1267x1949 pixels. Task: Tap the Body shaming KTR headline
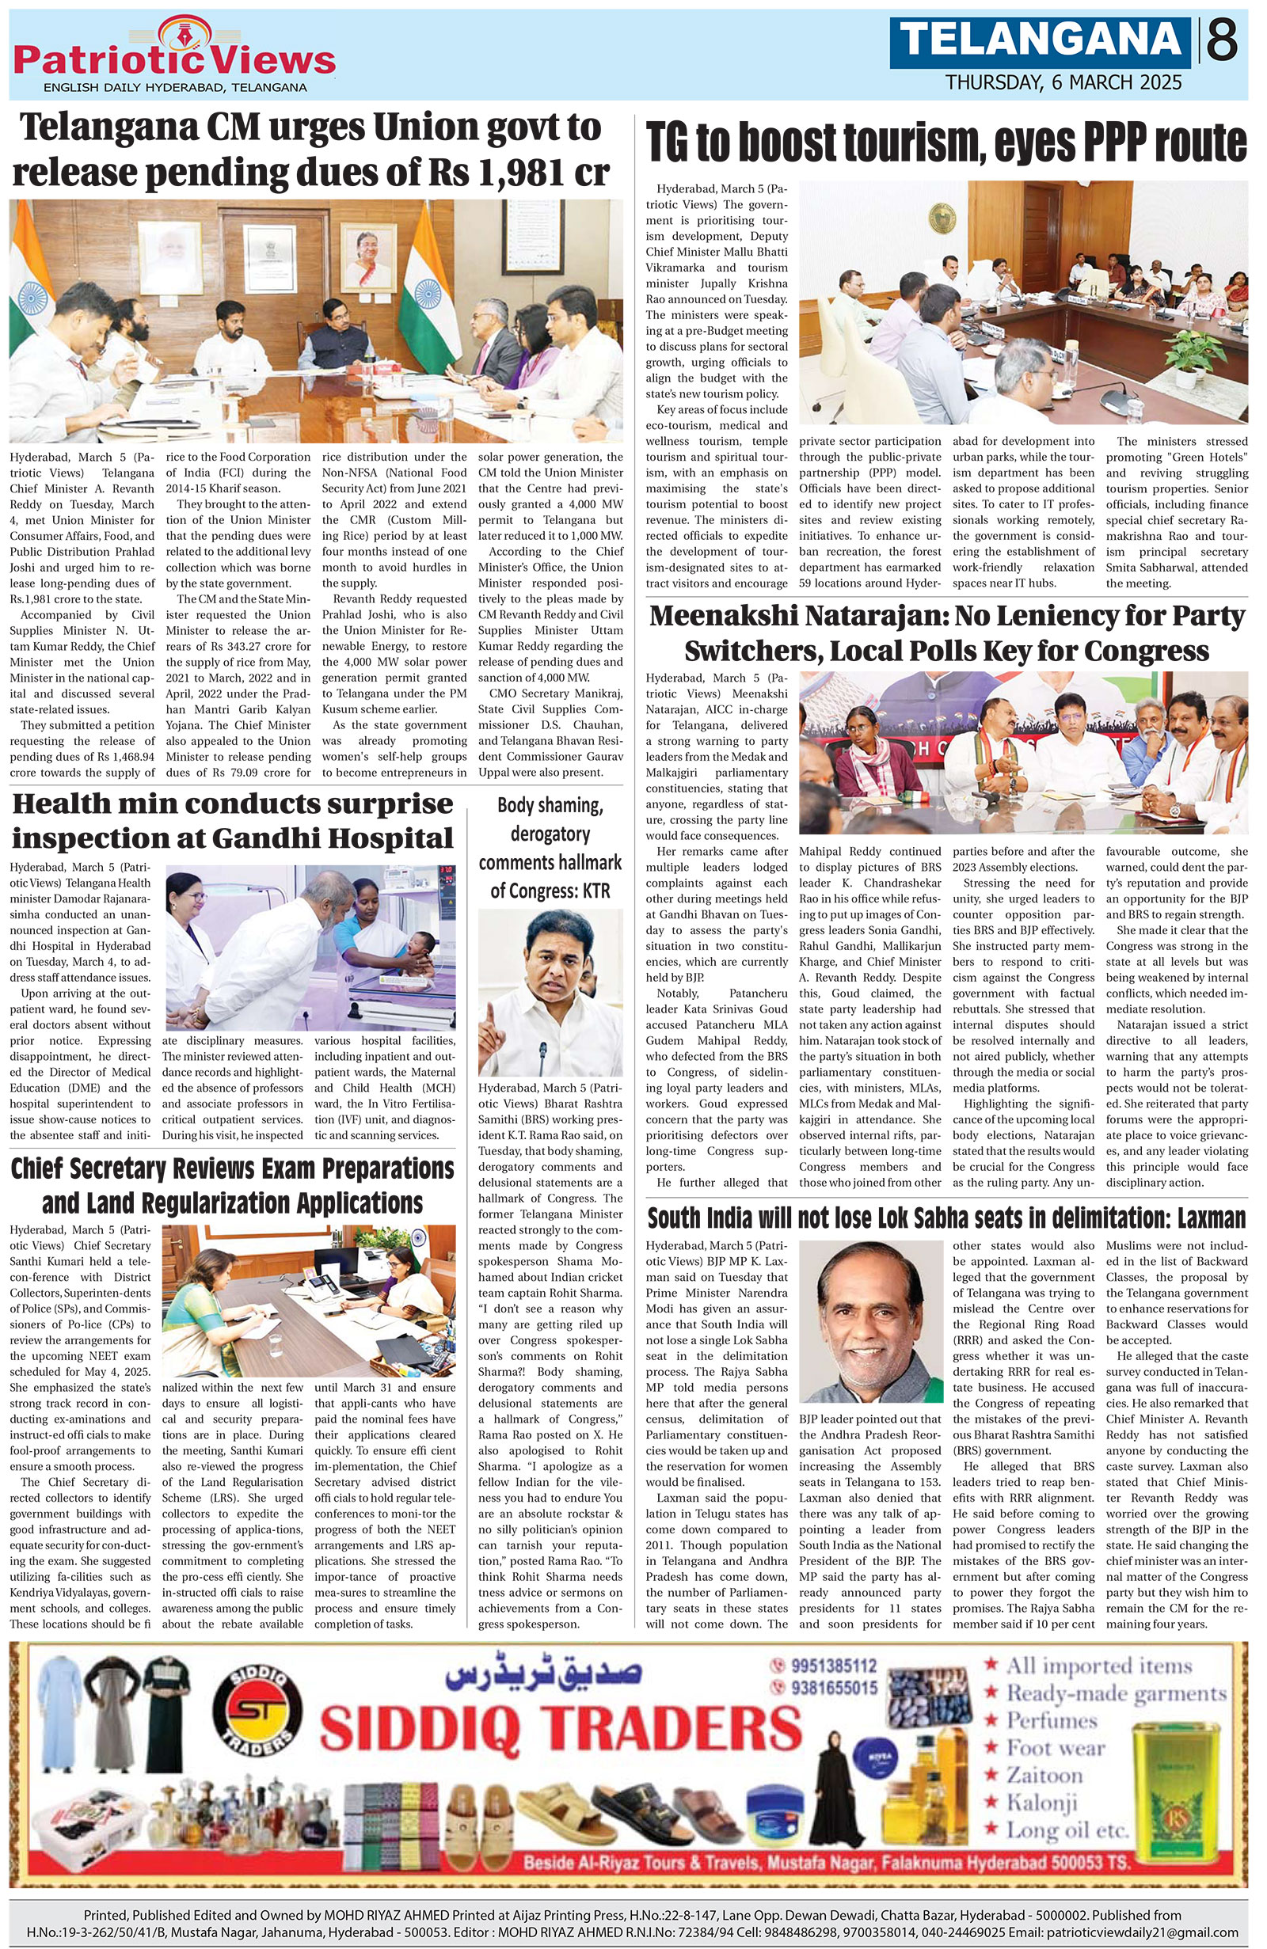coord(550,848)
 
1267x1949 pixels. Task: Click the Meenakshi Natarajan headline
coord(946,633)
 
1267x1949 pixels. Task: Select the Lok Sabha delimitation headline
coord(946,1218)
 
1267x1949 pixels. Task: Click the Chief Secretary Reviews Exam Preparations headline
coord(232,1185)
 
